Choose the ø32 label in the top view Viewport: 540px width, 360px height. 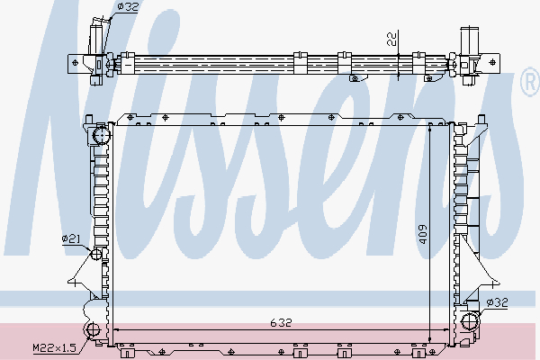tap(128, 7)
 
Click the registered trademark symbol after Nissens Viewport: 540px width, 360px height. tap(529, 85)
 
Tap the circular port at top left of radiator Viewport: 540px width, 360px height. tap(99, 136)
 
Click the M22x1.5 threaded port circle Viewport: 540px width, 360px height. tap(93, 329)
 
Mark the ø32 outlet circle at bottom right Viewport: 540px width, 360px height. tap(469, 322)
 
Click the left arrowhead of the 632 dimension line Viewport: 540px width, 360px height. tap(113, 329)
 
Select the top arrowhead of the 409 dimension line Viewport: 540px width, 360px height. tap(430, 129)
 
